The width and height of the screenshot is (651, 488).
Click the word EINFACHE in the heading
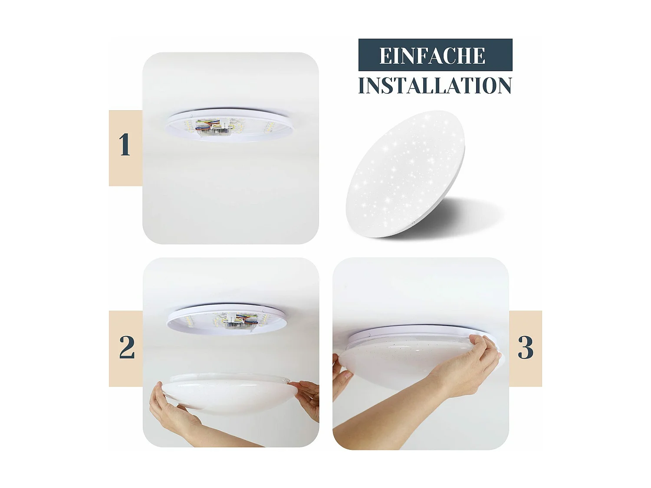[432, 56]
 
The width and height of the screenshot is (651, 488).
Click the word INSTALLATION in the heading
[435, 85]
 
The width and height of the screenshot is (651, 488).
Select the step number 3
[525, 347]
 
